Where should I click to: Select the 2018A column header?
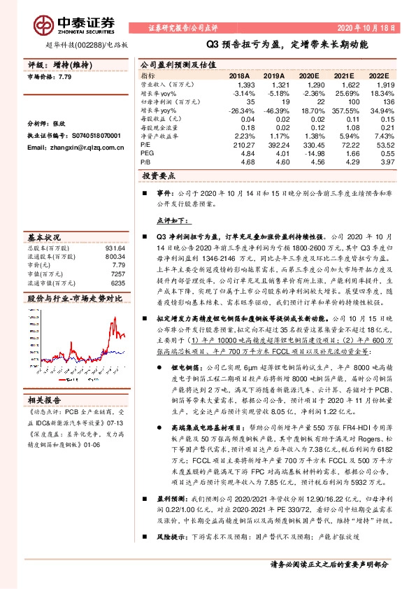[x=239, y=75]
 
